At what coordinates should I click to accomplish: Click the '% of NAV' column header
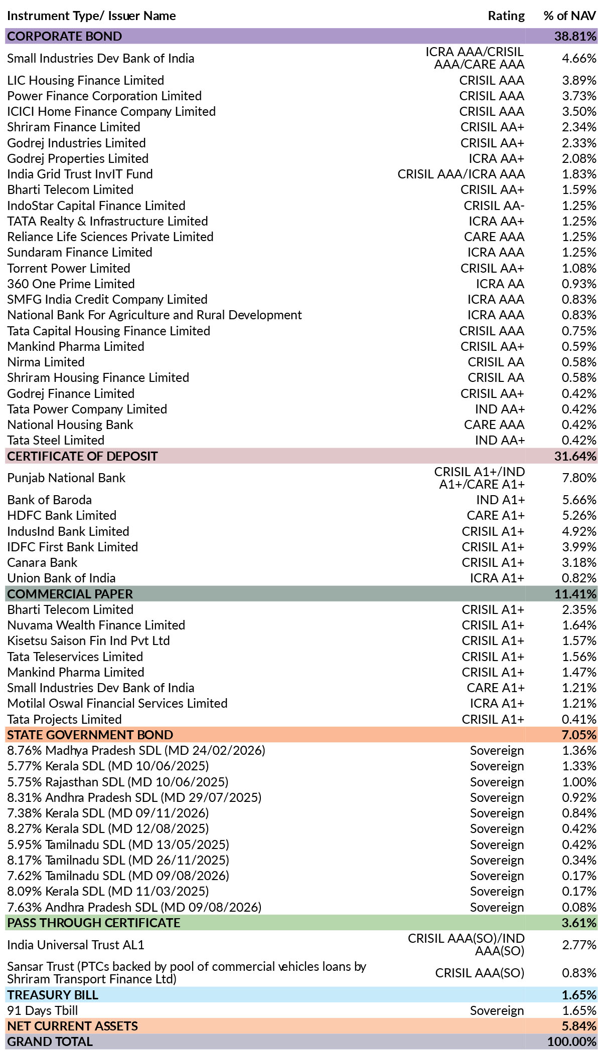pyautogui.click(x=570, y=16)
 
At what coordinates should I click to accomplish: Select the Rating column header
pyautogui.click(x=506, y=16)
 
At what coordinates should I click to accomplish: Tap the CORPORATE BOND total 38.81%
pyautogui.click(x=575, y=36)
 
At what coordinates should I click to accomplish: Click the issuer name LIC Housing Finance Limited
pyautogui.click(x=86, y=80)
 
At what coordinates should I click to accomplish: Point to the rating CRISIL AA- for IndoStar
pyautogui.click(x=494, y=205)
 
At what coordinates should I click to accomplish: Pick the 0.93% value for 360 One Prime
pyautogui.click(x=579, y=284)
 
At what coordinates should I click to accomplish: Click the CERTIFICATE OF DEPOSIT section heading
pyautogui.click(x=82, y=456)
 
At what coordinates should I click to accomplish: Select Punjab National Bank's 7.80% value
pyautogui.click(x=579, y=478)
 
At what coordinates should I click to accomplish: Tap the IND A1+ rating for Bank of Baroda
pyautogui.click(x=500, y=500)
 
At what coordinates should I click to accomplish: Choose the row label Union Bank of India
pyautogui.click(x=61, y=578)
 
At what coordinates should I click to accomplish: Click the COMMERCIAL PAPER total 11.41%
pyautogui.click(x=575, y=594)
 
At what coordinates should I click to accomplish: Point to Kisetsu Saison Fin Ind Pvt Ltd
pyautogui.click(x=88, y=641)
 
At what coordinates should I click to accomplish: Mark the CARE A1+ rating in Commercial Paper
pyautogui.click(x=496, y=688)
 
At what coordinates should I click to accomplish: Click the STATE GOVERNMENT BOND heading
pyautogui.click(x=90, y=735)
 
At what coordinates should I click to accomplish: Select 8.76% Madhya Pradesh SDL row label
pyautogui.click(x=136, y=750)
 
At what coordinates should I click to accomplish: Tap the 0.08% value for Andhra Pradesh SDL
pyautogui.click(x=579, y=907)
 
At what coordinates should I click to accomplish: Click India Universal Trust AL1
pyautogui.click(x=76, y=945)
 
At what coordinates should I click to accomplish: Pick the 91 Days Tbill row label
pyautogui.click(x=43, y=1010)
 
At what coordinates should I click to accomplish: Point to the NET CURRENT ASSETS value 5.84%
pyautogui.click(x=579, y=1026)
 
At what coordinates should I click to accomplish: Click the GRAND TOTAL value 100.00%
pyautogui.click(x=572, y=1041)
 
